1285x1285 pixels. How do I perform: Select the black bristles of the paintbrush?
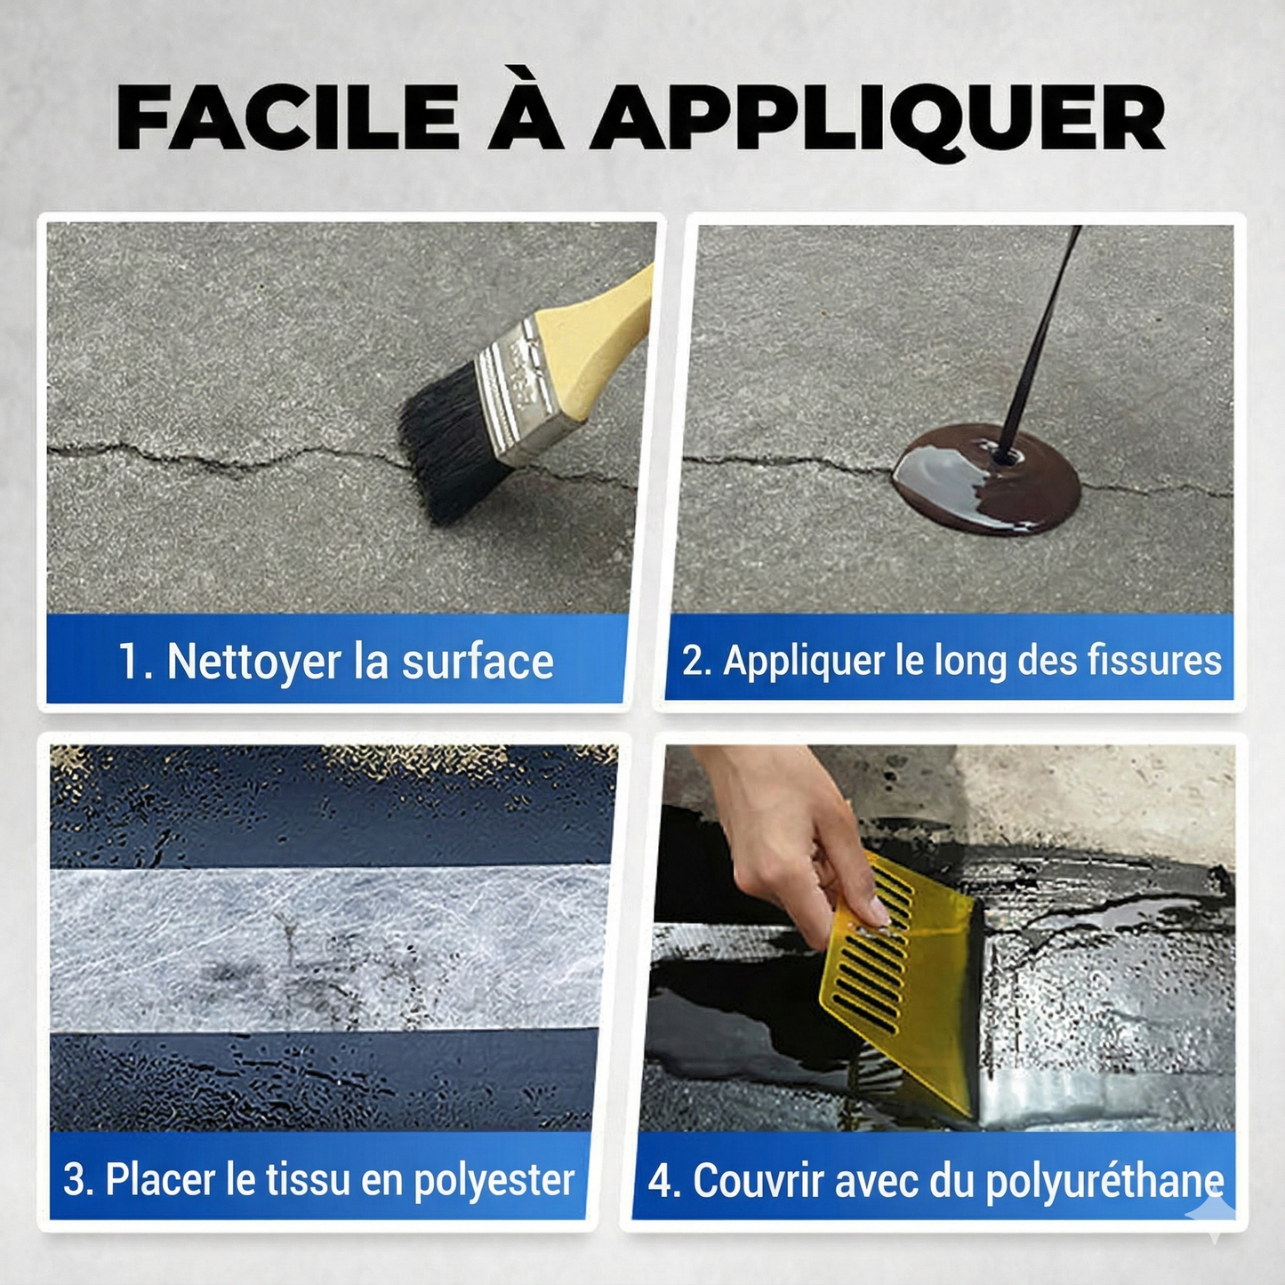click(x=449, y=445)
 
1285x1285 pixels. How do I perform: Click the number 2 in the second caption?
click(x=693, y=661)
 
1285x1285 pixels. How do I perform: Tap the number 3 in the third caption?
click(x=75, y=1180)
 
